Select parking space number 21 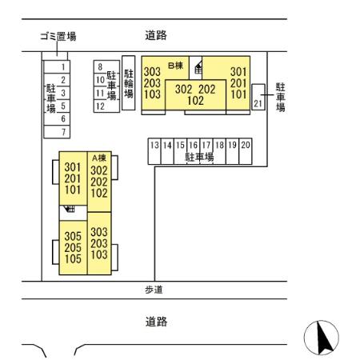pos(258,104)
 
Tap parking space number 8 pos(100,67)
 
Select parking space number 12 pos(100,106)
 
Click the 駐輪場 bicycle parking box pos(128,82)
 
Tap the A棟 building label pos(99,158)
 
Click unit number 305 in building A pos(73,236)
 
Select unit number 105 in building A pos(73,259)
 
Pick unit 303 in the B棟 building pos(152,71)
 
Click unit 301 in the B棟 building pos(238,71)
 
